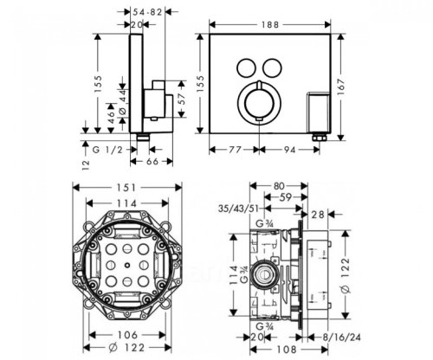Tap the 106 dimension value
point(124,335)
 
